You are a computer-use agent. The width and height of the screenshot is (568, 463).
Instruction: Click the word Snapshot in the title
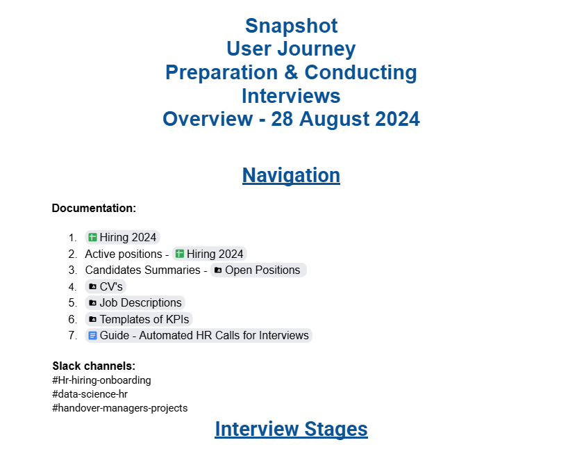[x=291, y=26]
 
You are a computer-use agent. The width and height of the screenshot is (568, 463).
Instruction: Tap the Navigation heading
[x=291, y=175]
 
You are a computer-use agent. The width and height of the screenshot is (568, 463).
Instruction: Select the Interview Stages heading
[x=291, y=429]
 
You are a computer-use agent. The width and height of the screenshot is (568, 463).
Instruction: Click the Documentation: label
[x=94, y=208]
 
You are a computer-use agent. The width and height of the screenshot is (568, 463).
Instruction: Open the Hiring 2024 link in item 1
[x=122, y=238]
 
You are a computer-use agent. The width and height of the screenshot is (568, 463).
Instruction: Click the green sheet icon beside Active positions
[x=180, y=254]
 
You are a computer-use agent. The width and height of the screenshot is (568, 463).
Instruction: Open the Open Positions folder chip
[x=258, y=270]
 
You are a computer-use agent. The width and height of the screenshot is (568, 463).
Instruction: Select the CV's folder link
[x=106, y=286]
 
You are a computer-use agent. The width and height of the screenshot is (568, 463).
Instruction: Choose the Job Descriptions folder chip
[x=135, y=302]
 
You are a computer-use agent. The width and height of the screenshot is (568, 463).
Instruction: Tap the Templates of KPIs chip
[x=139, y=319]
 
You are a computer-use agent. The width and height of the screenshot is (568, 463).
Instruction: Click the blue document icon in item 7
[x=93, y=336]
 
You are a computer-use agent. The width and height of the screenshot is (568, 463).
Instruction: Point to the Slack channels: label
[x=94, y=366]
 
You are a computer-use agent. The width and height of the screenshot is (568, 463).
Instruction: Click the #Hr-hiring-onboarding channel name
[x=102, y=380]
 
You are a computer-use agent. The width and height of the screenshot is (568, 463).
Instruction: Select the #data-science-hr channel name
[x=90, y=394]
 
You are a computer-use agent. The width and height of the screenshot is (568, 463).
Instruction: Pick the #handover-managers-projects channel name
[x=120, y=408]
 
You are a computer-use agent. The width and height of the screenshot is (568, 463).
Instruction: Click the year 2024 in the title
[x=397, y=119]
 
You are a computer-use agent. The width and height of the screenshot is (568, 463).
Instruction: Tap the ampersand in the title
[x=291, y=72]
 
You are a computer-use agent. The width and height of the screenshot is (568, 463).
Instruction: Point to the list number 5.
[x=73, y=302]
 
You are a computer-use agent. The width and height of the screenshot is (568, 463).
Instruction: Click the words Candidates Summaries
[x=143, y=270]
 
